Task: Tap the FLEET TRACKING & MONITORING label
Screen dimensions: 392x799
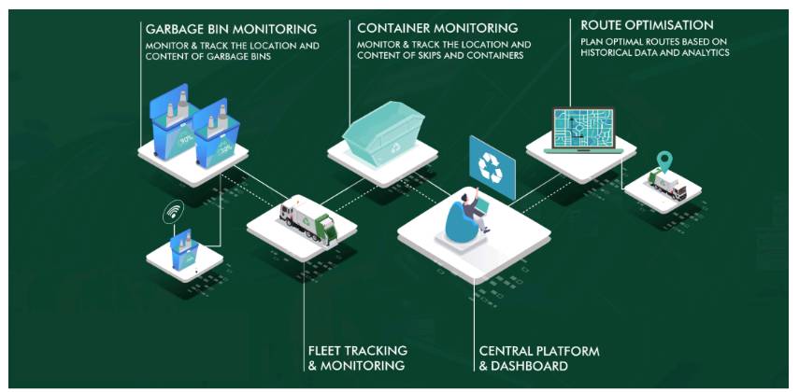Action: click(x=356, y=358)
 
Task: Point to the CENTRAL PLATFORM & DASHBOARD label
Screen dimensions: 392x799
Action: click(x=539, y=358)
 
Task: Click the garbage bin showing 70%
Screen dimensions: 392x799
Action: click(x=178, y=130)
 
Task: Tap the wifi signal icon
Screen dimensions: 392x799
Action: click(x=173, y=213)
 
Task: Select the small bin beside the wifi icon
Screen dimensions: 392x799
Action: click(x=185, y=249)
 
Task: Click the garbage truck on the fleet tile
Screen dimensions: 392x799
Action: click(x=308, y=225)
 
